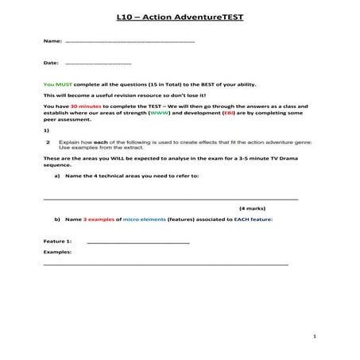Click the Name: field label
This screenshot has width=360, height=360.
tap(52, 40)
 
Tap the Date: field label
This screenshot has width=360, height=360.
tap(52, 62)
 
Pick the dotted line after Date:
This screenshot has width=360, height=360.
tap(99, 62)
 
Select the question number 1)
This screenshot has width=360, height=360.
tap(46, 130)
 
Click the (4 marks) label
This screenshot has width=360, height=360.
tap(254, 207)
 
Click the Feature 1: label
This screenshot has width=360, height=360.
tap(58, 241)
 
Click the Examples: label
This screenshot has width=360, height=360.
tap(57, 252)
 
